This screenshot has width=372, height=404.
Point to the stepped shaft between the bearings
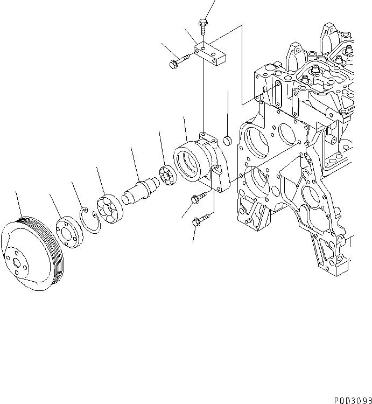coord(141,190)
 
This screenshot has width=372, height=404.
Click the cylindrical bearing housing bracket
coord(199,162)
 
